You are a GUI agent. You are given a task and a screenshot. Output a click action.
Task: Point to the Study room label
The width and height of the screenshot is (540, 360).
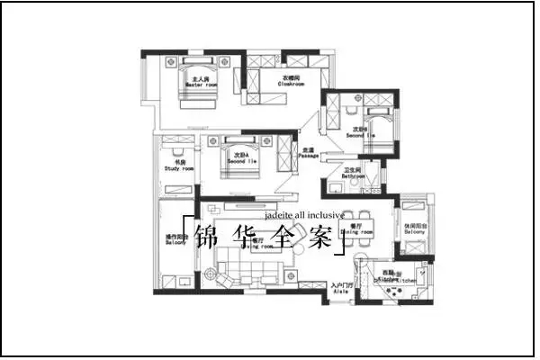point(179,166)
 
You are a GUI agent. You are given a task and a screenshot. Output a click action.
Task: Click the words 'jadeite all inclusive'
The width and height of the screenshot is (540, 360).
point(304,216)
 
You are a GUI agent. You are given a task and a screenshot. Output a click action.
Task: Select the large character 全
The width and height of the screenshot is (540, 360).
point(288,238)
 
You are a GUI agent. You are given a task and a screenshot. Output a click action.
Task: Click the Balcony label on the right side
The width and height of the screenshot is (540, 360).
point(415,229)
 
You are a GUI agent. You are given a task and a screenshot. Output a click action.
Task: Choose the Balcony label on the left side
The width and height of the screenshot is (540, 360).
point(175,240)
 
